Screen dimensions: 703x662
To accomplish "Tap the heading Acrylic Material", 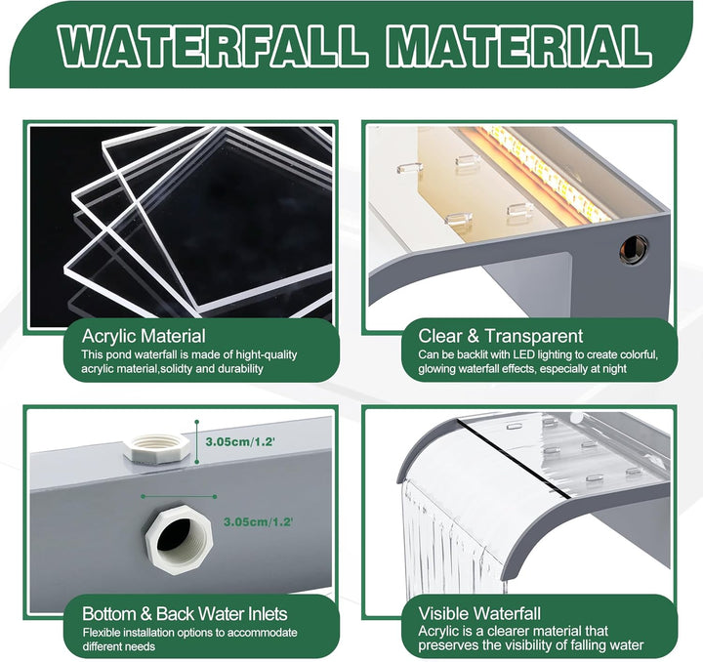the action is point(144,336).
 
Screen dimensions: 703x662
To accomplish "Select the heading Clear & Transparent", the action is point(500,336).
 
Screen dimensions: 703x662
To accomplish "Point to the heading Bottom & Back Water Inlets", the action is point(185,613).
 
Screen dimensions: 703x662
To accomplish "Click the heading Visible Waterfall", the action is point(479,613).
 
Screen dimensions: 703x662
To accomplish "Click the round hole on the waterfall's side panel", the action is point(634,248).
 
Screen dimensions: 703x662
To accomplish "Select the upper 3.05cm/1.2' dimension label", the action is point(240,442).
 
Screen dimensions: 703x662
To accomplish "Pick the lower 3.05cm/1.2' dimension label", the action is point(258,522).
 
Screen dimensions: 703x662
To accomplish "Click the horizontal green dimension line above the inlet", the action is point(179,497).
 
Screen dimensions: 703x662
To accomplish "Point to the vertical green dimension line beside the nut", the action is point(197,441).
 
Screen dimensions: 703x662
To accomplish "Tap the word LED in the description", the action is point(524,355).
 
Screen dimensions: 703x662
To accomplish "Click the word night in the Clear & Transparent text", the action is point(614,369).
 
